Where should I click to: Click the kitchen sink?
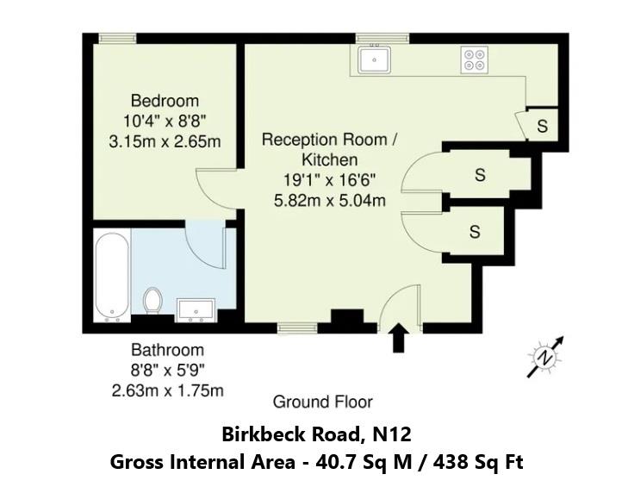(376, 59)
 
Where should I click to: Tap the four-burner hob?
(475, 59)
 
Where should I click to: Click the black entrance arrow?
(399, 338)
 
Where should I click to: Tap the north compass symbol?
(544, 356)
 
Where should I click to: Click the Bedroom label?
(165, 101)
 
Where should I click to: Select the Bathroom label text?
(167, 350)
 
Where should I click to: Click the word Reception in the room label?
(296, 140)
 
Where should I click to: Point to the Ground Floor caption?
(322, 402)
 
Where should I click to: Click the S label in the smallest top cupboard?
(542, 126)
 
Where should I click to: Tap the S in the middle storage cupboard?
(481, 175)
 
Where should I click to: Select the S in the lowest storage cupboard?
(475, 231)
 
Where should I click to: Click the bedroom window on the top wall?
(117, 38)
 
